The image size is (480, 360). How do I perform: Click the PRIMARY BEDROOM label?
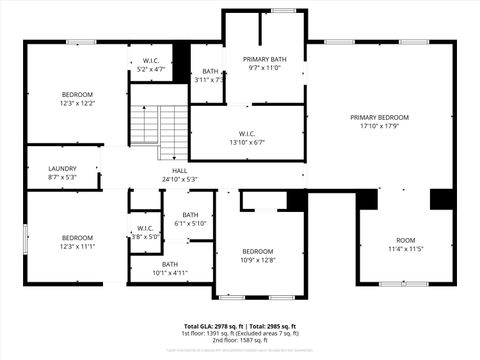pyautogui.click(x=379, y=117)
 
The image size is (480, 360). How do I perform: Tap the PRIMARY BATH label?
pyautogui.click(x=264, y=59)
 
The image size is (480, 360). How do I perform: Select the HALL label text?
pyautogui.click(x=180, y=171)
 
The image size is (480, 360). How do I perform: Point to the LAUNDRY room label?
pyautogui.click(x=62, y=170)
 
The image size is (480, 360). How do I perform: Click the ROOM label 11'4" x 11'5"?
pyautogui.click(x=405, y=240)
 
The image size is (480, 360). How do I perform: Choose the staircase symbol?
pyautogui.click(x=159, y=124)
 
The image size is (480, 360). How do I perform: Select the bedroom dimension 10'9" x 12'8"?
pyautogui.click(x=258, y=259)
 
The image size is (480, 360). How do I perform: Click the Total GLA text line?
pyautogui.click(x=240, y=326)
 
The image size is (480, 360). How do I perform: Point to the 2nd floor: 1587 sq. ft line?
pyautogui.click(x=240, y=340)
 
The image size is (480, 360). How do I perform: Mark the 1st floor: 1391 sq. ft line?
pyautogui.click(x=240, y=333)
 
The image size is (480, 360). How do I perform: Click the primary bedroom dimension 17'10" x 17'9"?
pyautogui.click(x=379, y=125)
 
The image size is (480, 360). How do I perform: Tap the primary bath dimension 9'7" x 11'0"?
pyautogui.click(x=264, y=68)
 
